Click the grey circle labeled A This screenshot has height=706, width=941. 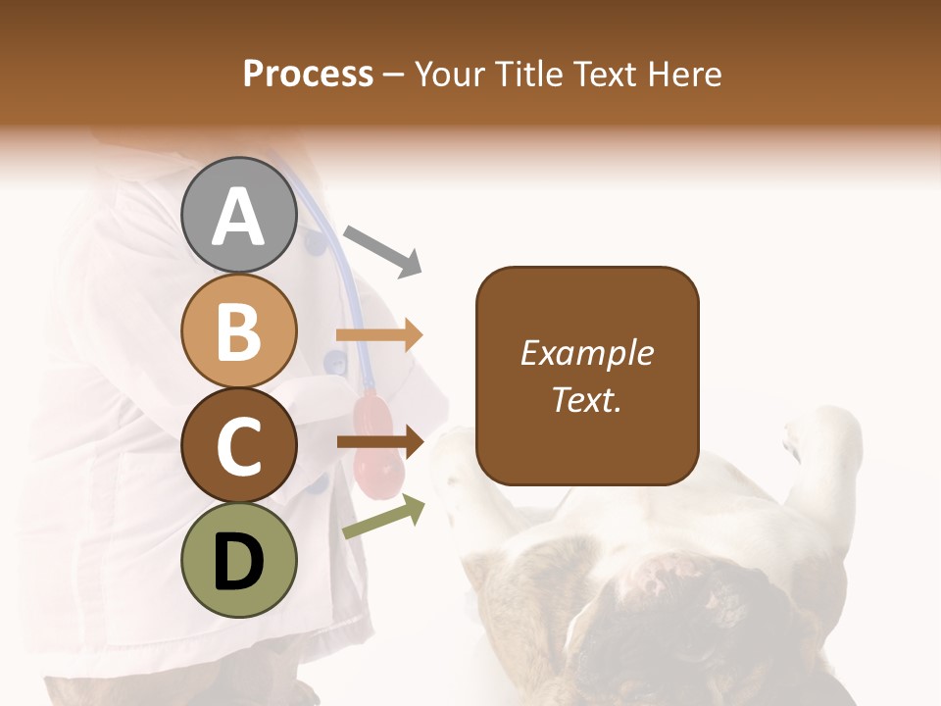coord(239,216)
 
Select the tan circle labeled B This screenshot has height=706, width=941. coord(239,331)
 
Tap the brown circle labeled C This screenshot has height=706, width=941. coord(239,446)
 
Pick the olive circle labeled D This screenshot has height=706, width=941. coord(239,561)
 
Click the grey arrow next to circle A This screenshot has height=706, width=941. coord(383,250)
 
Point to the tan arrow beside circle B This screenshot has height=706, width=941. coord(379,335)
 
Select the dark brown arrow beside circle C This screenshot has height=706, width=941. coord(379,442)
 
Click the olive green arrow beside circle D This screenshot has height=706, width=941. coord(383,518)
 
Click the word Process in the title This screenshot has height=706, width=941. coord(308,74)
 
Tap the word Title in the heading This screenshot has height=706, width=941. coord(530,74)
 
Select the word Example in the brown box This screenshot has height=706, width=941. coord(586,353)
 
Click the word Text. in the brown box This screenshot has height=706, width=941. coord(586,400)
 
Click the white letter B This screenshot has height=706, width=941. coord(239,331)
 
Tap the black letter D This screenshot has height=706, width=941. coord(239,563)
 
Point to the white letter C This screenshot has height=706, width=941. coord(239,447)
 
